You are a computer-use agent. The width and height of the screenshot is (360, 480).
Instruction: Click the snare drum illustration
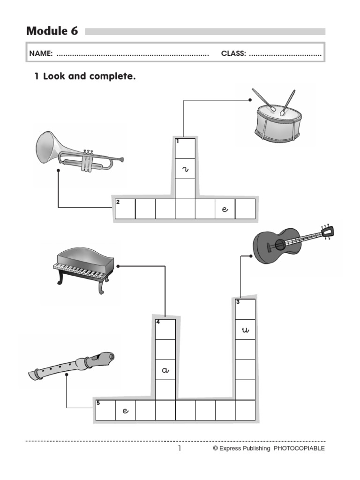coord(277,121)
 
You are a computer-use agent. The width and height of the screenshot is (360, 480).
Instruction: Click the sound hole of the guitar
coord(280,244)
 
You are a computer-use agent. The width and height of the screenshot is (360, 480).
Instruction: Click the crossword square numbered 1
coord(185,148)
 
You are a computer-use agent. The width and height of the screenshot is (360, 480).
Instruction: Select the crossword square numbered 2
coord(125,209)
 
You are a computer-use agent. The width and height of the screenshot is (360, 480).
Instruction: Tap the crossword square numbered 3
coord(245,309)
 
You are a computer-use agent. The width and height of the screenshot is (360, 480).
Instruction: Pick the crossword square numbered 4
coord(165,329)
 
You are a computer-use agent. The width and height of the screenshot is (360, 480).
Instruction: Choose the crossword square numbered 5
coord(105,410)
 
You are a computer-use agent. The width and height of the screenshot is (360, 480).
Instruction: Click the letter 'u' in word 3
coord(245,330)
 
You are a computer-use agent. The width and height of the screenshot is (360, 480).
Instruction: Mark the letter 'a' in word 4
coord(165,370)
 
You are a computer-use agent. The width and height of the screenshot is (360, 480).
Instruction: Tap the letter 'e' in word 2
coord(225,210)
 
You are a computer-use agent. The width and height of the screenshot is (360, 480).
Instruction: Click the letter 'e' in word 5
coord(125,411)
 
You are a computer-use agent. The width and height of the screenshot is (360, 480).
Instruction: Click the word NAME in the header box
coord(41,53)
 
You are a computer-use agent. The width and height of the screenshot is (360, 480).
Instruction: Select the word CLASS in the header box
coord(233,53)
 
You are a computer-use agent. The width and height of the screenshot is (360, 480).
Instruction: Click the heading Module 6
coord(52,31)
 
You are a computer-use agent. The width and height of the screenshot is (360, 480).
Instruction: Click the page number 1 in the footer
coord(179,449)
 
